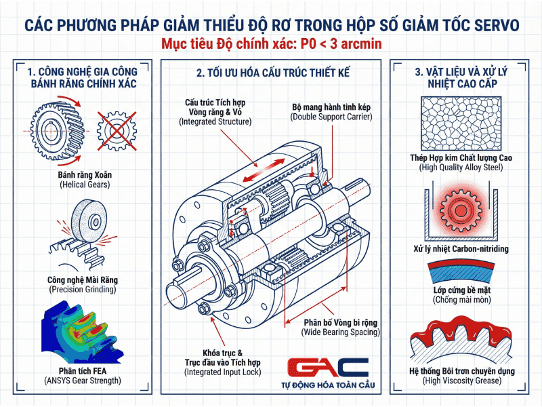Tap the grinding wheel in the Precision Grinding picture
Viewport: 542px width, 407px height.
pyautogui.click(x=89, y=222)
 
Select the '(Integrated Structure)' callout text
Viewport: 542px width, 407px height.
pyautogui.click(x=215, y=121)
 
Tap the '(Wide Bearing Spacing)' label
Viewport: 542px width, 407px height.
pyautogui.click(x=341, y=332)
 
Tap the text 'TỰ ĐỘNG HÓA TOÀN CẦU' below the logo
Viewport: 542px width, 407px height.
pyautogui.click(x=328, y=387)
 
